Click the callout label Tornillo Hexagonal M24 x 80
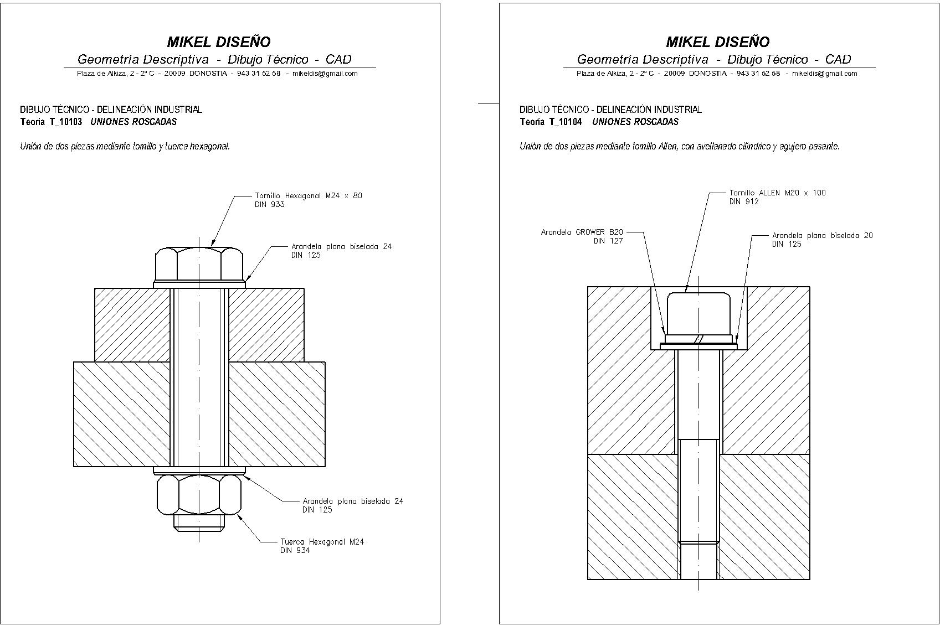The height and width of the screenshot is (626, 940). point(308,195)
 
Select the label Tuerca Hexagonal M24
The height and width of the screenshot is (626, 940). point(322,542)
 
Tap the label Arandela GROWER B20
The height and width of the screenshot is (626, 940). point(582,232)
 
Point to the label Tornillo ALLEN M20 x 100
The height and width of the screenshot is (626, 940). point(777,193)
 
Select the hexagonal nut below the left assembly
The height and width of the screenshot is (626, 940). point(199,494)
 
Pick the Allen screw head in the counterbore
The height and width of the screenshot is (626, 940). point(698,313)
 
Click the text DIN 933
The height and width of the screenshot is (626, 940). point(269,205)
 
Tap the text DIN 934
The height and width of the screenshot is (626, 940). point(295,551)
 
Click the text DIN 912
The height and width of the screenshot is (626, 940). point(744,201)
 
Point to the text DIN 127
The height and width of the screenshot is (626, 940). point(608,241)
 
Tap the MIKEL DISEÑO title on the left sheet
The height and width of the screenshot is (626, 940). point(219,42)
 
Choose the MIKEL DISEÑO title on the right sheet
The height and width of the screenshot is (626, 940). point(717,42)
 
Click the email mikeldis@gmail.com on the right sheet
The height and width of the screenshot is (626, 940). point(824,74)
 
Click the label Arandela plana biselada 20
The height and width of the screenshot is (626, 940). point(822,235)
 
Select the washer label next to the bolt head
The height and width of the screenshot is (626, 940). point(341,246)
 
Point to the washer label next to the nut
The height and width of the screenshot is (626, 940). point(353,501)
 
